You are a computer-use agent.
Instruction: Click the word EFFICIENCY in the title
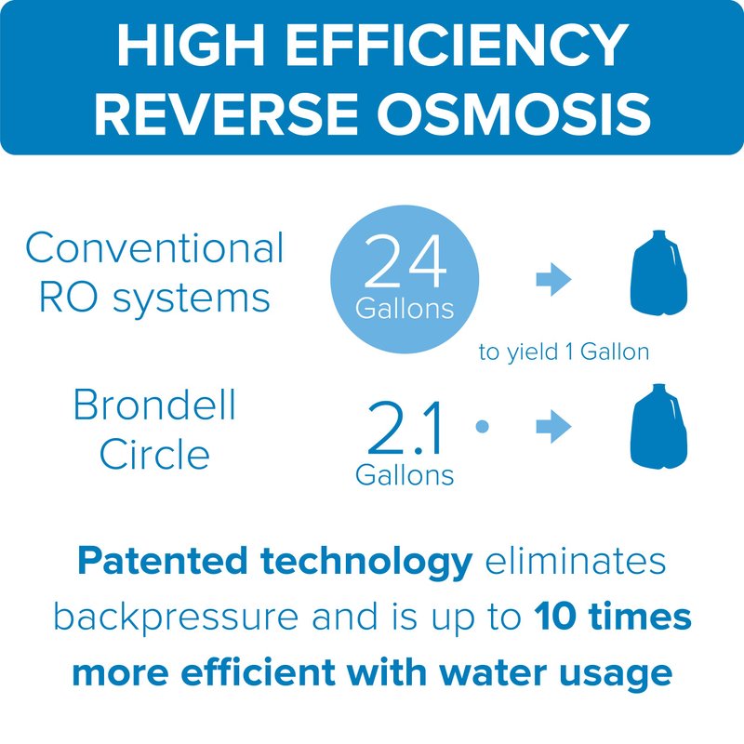(457, 45)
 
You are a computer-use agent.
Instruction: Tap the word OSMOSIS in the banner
(514, 113)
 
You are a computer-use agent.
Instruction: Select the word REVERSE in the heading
(226, 113)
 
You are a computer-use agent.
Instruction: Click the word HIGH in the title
(191, 45)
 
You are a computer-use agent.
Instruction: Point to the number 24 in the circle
(405, 261)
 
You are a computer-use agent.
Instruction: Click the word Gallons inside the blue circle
(405, 309)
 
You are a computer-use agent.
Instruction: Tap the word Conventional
(154, 247)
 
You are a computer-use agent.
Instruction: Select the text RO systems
(154, 299)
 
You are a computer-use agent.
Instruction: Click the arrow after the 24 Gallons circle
(553, 279)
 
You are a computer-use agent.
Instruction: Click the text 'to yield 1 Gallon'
(564, 352)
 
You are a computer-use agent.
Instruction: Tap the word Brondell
(154, 405)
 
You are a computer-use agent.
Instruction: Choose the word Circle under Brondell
(154, 454)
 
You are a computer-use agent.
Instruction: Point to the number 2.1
(405, 428)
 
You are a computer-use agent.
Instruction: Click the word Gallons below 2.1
(405, 475)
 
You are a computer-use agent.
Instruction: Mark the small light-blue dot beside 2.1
(482, 426)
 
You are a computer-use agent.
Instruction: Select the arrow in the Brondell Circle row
(553, 426)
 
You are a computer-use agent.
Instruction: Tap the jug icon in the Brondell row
(658, 427)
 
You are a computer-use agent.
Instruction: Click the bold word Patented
(162, 561)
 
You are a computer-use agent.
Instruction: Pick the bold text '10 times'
(612, 617)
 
